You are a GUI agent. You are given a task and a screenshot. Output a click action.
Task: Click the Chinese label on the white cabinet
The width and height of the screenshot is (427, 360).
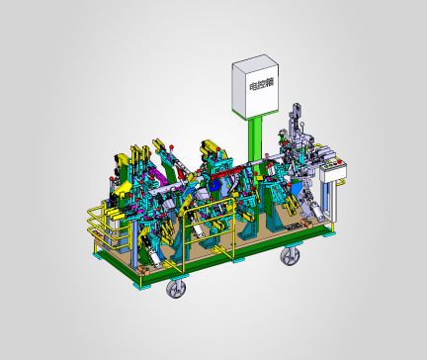click(x=262, y=85)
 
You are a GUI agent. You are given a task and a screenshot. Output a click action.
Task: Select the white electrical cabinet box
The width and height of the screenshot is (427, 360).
click(x=255, y=86)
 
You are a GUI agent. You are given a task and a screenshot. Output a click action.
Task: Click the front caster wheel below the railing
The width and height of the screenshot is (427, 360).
click(x=176, y=288)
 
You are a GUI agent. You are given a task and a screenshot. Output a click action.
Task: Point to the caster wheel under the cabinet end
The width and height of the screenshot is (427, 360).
click(x=291, y=255)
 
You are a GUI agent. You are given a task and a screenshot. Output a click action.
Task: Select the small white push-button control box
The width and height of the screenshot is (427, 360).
click(x=333, y=169)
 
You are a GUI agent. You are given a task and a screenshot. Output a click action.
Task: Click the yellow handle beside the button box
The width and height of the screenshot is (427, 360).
click(x=343, y=182)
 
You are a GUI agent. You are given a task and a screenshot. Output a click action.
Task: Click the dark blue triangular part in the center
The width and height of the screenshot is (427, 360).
click(x=215, y=186)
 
